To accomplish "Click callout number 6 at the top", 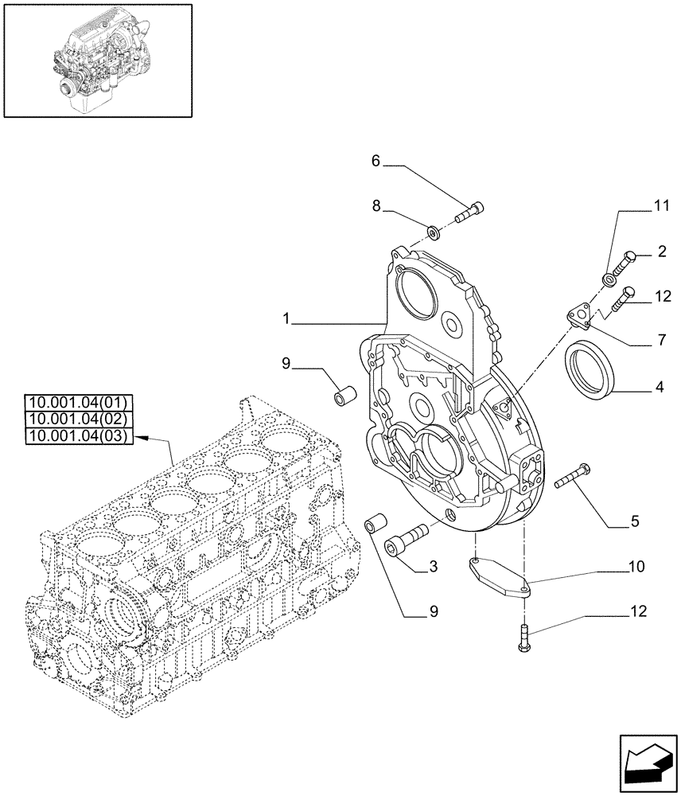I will [x=376, y=161].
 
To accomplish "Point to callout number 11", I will [x=662, y=206].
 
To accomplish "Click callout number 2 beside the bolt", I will [x=662, y=253].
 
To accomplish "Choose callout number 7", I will [x=662, y=341].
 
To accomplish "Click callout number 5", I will [x=634, y=523].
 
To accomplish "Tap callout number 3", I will [x=432, y=567].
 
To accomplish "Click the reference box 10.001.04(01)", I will [x=80, y=402].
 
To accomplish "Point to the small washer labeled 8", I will [x=434, y=232].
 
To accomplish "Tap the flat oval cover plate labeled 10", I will [x=500, y=576].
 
